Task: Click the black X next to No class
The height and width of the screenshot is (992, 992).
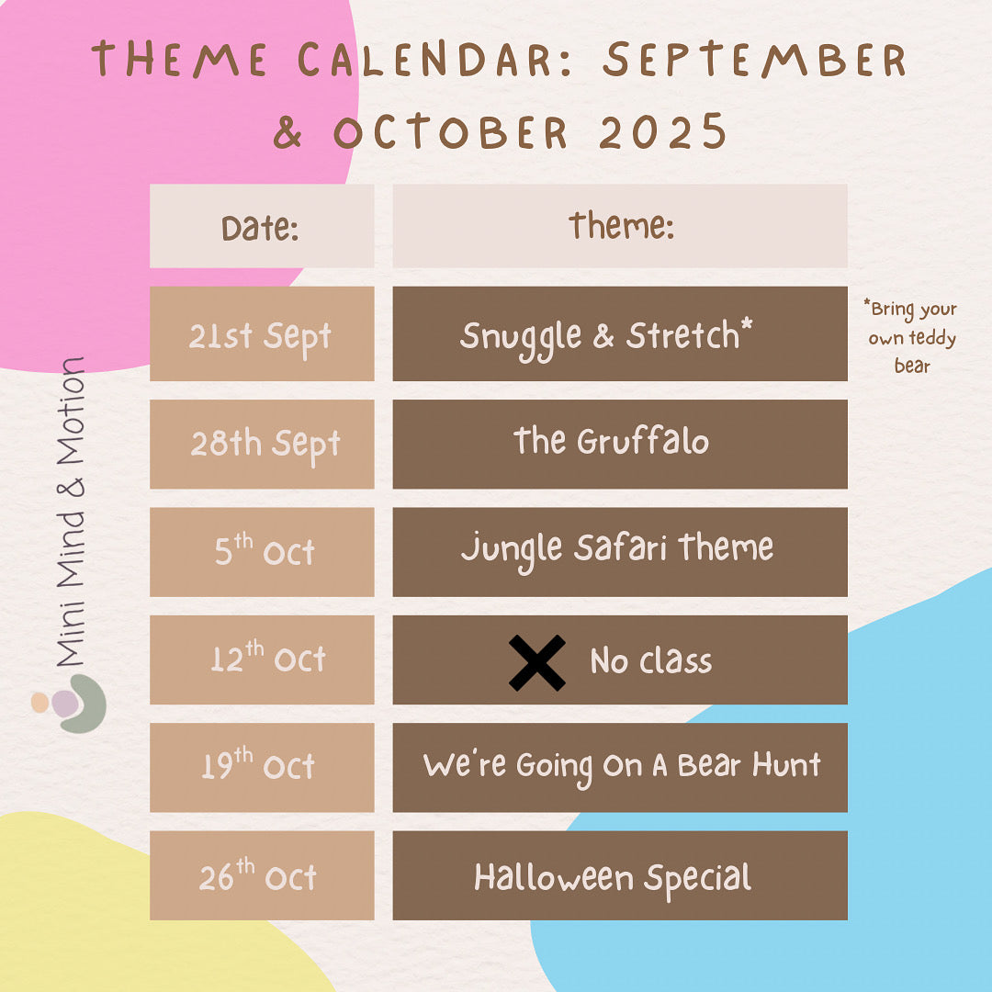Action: [x=537, y=662]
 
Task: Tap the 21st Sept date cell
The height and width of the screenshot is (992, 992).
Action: [x=262, y=333]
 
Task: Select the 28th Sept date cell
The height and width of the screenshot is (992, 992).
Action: [x=262, y=444]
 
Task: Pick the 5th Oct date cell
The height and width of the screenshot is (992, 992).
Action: [x=262, y=552]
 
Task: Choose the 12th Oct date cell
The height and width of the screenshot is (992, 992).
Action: [x=262, y=659]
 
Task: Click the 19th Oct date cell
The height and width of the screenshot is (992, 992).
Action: [x=262, y=767]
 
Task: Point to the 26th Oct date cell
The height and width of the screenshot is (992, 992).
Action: [x=262, y=875]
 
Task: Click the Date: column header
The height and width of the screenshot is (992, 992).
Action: [x=262, y=226]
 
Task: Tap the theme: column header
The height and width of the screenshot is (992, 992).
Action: [x=620, y=226]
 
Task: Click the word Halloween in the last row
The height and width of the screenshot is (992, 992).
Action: [x=554, y=877]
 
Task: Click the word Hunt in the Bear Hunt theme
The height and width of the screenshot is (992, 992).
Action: [x=786, y=765]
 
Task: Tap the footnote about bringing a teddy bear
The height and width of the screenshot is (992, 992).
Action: [x=912, y=336]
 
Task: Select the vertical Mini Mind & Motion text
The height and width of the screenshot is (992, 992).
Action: [x=70, y=512]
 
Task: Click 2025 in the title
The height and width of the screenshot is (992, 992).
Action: [x=662, y=131]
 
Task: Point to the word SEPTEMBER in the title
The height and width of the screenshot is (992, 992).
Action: [x=754, y=60]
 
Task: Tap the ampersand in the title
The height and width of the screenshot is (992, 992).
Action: [x=287, y=132]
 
